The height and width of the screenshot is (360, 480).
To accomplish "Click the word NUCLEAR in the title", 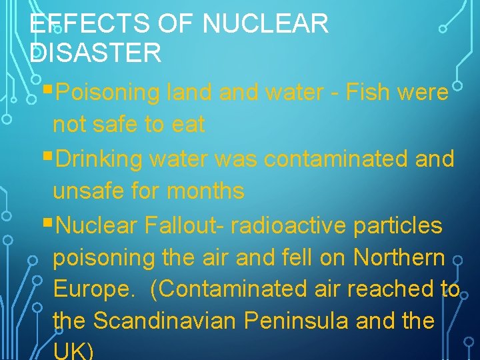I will [266, 25].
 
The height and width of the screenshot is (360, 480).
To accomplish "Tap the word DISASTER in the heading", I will [96, 53].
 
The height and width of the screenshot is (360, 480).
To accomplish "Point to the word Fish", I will [367, 93].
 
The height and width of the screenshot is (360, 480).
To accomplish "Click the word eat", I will [187, 125].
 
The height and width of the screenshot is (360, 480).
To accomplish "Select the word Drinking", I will [100, 159].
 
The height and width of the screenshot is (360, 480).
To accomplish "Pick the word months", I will [206, 192].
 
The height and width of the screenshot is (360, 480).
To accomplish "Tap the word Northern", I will [399, 257].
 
